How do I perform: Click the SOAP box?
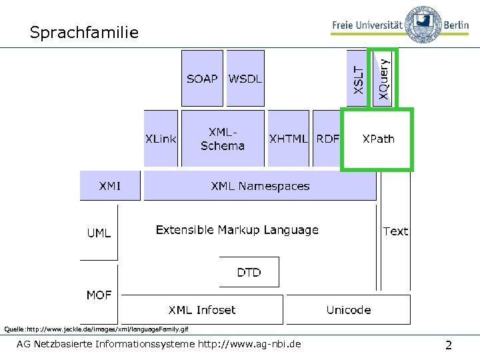point(202,79)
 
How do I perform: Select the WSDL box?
point(245,79)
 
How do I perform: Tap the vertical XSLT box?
point(358,79)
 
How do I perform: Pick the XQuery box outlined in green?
point(383,79)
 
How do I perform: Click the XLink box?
point(161,139)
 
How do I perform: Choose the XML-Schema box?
point(223,139)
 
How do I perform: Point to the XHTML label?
point(288,139)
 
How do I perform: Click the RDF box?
point(327,139)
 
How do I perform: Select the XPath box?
point(377,139)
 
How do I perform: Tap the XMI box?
point(110,186)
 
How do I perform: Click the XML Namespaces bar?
point(260,186)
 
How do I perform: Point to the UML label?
point(99,233)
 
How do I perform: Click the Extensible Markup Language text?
point(237,230)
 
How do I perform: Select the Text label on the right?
point(395,231)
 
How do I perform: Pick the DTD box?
point(249,272)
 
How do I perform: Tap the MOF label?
point(99,295)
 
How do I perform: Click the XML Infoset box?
point(201,310)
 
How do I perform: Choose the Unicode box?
point(348,310)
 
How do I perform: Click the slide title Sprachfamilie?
point(85,32)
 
